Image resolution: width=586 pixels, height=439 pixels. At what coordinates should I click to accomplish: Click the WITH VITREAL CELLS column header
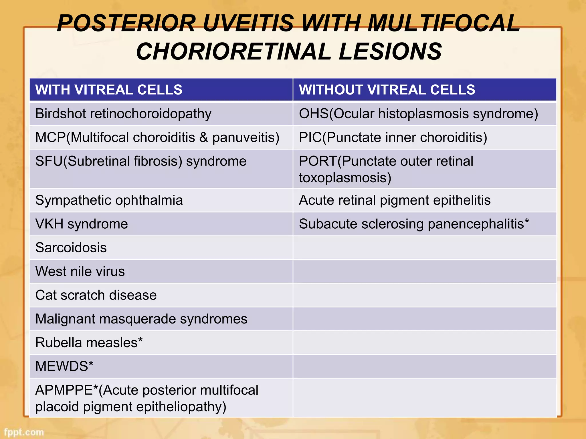tap(109, 90)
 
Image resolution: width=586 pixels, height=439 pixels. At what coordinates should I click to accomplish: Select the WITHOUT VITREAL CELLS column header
tap(387, 90)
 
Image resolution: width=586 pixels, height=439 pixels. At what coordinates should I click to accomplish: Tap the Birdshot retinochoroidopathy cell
tap(123, 114)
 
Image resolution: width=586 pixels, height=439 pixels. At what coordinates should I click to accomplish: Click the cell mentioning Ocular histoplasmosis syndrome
tap(418, 114)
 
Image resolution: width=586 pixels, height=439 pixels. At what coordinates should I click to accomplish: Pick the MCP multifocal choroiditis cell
tap(157, 137)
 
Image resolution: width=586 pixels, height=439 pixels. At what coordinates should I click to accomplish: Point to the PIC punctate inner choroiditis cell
tap(393, 137)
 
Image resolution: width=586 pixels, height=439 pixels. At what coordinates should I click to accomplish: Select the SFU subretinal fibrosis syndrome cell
tap(141, 161)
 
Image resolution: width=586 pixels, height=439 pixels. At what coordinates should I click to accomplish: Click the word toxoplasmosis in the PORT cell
tap(345, 178)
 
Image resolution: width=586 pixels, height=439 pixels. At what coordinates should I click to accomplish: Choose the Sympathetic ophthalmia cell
tap(109, 200)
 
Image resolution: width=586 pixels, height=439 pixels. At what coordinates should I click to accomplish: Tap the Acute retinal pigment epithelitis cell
tap(395, 200)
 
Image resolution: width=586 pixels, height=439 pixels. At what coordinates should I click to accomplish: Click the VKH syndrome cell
tap(82, 224)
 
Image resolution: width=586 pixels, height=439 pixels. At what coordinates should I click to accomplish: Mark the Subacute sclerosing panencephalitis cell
tap(414, 224)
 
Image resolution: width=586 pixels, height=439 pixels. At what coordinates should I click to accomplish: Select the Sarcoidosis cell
tap(71, 248)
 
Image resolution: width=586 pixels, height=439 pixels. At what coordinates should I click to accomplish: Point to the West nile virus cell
tap(80, 271)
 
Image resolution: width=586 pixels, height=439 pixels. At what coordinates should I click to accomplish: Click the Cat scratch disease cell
tap(96, 295)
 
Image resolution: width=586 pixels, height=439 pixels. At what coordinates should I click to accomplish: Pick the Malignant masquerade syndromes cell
tap(141, 319)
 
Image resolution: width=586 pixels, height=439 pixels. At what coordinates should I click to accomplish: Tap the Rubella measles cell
tap(89, 342)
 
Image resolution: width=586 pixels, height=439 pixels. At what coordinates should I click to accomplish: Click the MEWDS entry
tap(64, 366)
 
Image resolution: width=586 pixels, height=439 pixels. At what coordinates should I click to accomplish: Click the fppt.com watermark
tap(24, 432)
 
